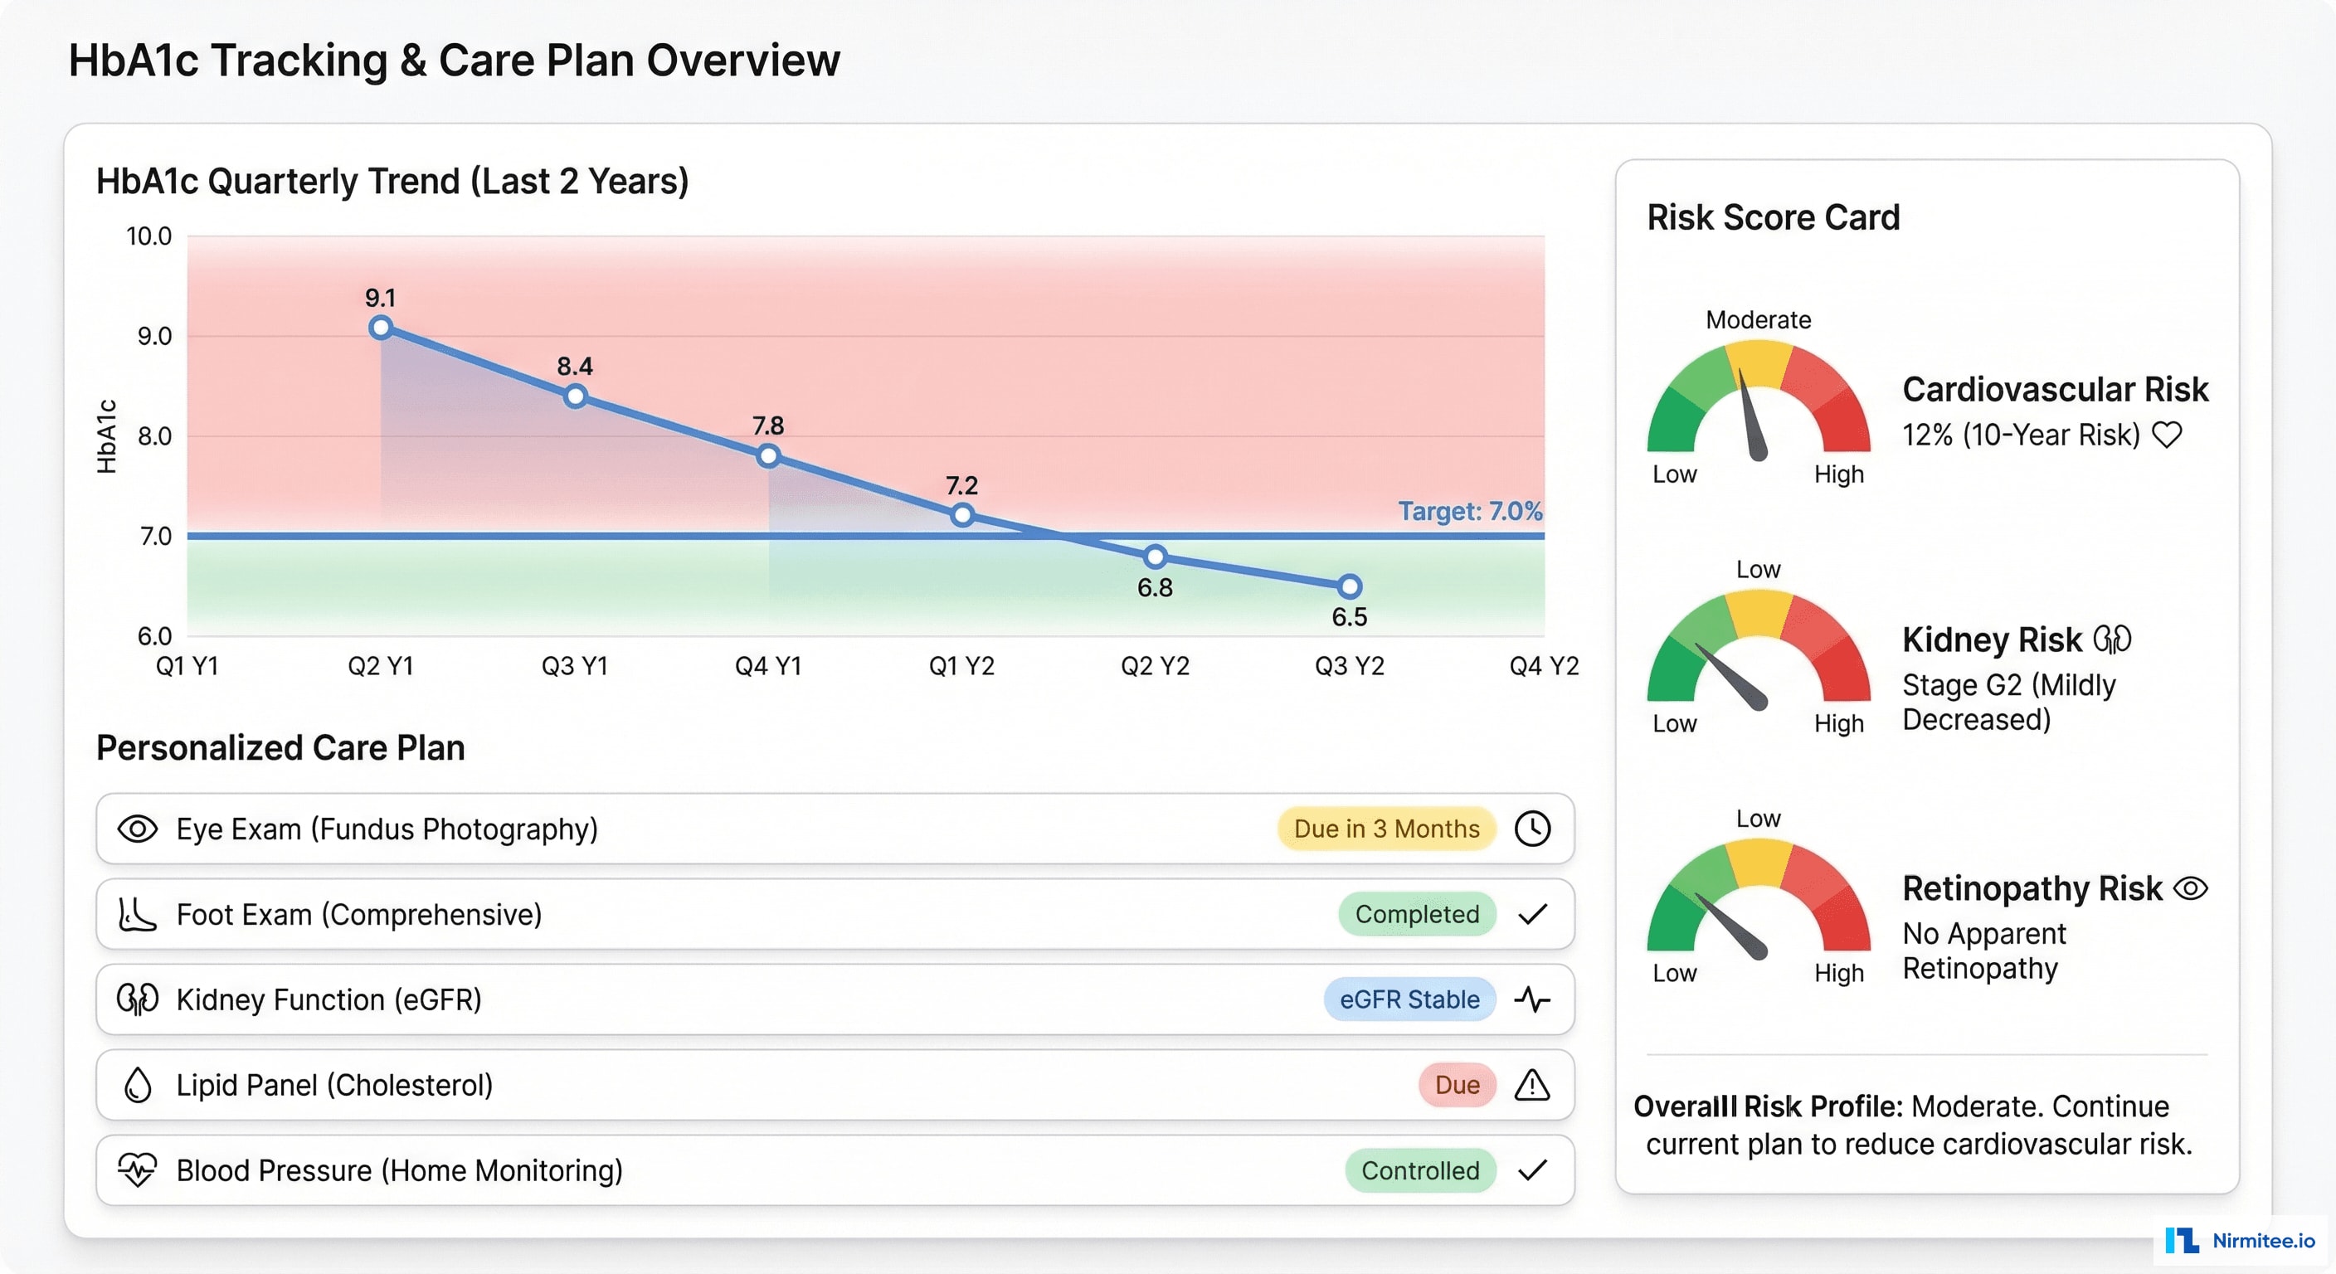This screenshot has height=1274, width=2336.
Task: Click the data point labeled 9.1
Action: coord(381,328)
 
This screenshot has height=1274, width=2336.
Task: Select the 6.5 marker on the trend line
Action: coord(1350,586)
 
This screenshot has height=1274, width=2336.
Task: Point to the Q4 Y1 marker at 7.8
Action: coord(768,456)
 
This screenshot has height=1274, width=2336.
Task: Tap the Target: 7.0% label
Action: coord(1469,512)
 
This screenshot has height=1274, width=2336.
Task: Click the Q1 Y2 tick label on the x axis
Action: coord(961,667)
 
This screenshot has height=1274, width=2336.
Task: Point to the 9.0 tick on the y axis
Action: coord(154,337)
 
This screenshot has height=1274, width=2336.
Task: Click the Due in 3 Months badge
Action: coord(1385,829)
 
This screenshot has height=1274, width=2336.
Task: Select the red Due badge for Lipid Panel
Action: coord(1457,1085)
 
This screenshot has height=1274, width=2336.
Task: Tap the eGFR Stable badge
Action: coord(1409,999)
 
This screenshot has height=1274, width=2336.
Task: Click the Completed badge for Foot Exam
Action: coord(1417,914)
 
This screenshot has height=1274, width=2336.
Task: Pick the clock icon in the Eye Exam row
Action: coord(1532,829)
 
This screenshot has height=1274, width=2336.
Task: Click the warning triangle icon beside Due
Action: coord(1532,1085)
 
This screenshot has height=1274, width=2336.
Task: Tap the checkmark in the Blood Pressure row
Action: coord(1532,1170)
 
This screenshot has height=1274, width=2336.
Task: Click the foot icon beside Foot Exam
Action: coord(137,914)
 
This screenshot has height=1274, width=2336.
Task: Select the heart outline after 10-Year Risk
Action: coord(2168,435)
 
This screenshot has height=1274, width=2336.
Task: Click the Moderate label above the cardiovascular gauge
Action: coord(1758,320)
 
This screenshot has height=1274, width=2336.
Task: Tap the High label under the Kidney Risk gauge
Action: coord(1838,723)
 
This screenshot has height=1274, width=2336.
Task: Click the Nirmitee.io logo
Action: coord(2240,1241)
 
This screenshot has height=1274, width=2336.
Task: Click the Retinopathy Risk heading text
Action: coord(2032,888)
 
